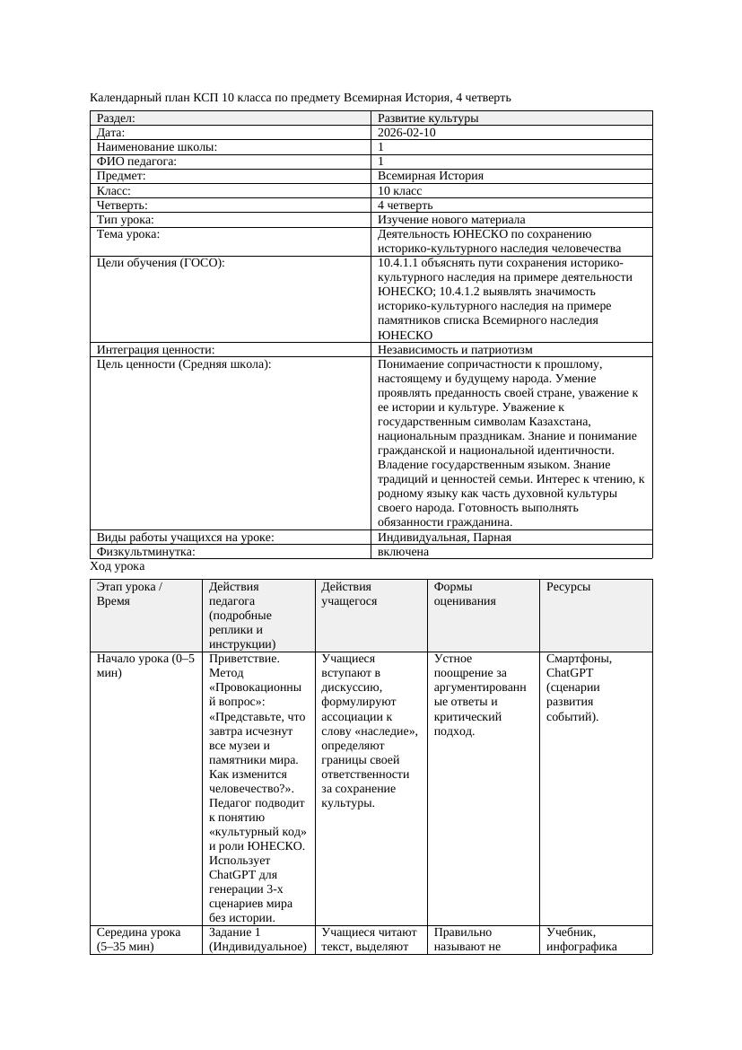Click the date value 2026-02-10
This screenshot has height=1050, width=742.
pyautogui.click(x=407, y=133)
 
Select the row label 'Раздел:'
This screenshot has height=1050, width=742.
pyautogui.click(x=116, y=118)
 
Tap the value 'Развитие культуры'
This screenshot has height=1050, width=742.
pyautogui.click(x=428, y=118)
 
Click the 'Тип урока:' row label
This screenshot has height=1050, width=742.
pyautogui.click(x=126, y=220)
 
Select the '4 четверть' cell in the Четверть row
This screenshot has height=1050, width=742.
pyautogui.click(x=405, y=206)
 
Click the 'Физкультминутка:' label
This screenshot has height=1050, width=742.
pyautogui.click(x=145, y=552)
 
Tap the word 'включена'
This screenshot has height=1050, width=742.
pyautogui.click(x=403, y=552)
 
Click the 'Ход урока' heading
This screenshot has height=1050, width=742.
pyautogui.click(x=118, y=567)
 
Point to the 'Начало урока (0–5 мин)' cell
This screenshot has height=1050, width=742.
pyautogui.click(x=144, y=666)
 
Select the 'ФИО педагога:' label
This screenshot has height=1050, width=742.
pyautogui.click(x=136, y=162)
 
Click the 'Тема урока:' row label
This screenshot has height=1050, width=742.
pyautogui.click(x=128, y=234)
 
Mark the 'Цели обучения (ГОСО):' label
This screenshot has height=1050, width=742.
pyautogui.click(x=161, y=263)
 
